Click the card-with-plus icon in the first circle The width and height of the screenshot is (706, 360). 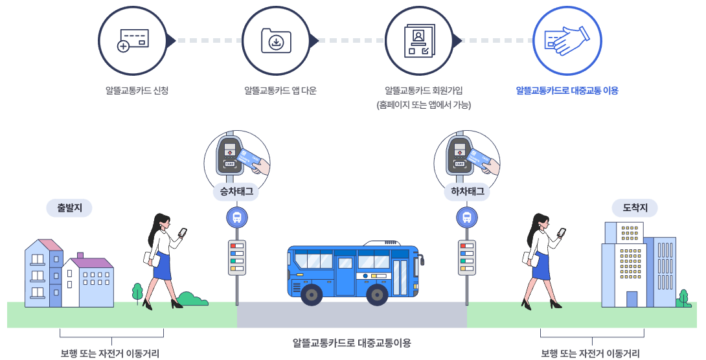pos(133,40)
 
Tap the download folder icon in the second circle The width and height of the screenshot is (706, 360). pos(277,40)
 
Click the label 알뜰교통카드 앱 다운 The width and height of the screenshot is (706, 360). pos(280,91)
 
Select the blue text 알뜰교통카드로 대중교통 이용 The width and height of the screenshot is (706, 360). pos(567,91)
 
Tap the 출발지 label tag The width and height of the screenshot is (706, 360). pos(69,208)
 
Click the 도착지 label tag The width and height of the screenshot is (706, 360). pos(635,208)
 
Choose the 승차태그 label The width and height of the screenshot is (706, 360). pos(237,192)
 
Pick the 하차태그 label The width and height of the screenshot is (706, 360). pos(467,192)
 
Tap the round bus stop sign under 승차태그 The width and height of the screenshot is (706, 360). pos(237,218)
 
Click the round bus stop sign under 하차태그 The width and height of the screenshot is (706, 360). pos(466,218)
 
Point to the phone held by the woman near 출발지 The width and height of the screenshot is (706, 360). pos(183,232)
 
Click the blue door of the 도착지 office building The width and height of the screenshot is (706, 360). pos(632,299)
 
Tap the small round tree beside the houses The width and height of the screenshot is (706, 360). pos(137,291)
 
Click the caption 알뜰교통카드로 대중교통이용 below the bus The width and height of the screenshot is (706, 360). pos(352,343)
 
